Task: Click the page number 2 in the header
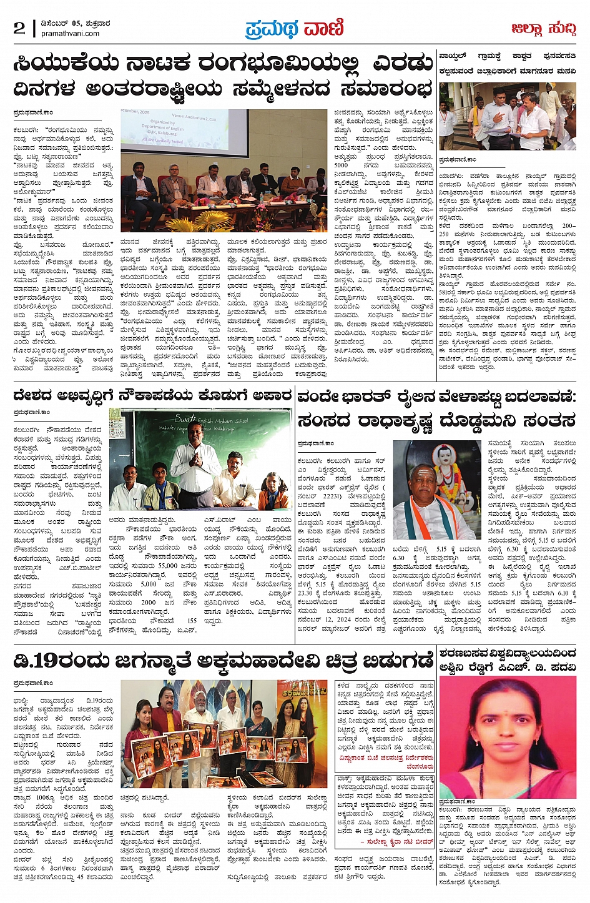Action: pos(19,28)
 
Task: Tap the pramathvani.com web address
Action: pos(70,34)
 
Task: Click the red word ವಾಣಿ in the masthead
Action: pos(323,28)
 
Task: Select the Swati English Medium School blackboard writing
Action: pos(209,422)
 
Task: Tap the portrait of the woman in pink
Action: pos(507,737)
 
